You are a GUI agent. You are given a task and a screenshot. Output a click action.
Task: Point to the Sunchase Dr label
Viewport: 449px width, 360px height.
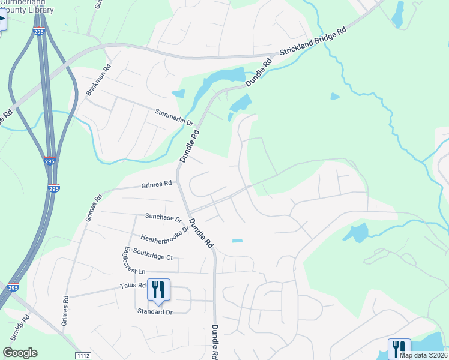163,216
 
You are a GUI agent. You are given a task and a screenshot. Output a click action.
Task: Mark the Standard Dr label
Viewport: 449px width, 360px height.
155,312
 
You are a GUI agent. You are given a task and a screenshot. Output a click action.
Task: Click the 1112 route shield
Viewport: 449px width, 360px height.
83,356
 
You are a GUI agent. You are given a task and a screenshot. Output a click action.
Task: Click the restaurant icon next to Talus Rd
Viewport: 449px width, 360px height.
158,290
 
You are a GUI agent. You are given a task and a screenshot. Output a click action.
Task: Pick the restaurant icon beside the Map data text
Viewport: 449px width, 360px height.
399,347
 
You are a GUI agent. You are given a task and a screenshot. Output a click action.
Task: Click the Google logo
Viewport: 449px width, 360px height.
20,353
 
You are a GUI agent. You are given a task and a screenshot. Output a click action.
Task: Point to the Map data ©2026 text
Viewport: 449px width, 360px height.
423,355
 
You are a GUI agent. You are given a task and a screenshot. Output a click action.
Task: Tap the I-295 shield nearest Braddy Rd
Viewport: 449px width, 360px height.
13,287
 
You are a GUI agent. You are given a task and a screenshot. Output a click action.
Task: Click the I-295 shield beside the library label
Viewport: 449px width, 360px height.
40,30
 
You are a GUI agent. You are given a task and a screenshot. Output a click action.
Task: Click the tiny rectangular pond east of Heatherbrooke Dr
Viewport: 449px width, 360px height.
237,241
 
